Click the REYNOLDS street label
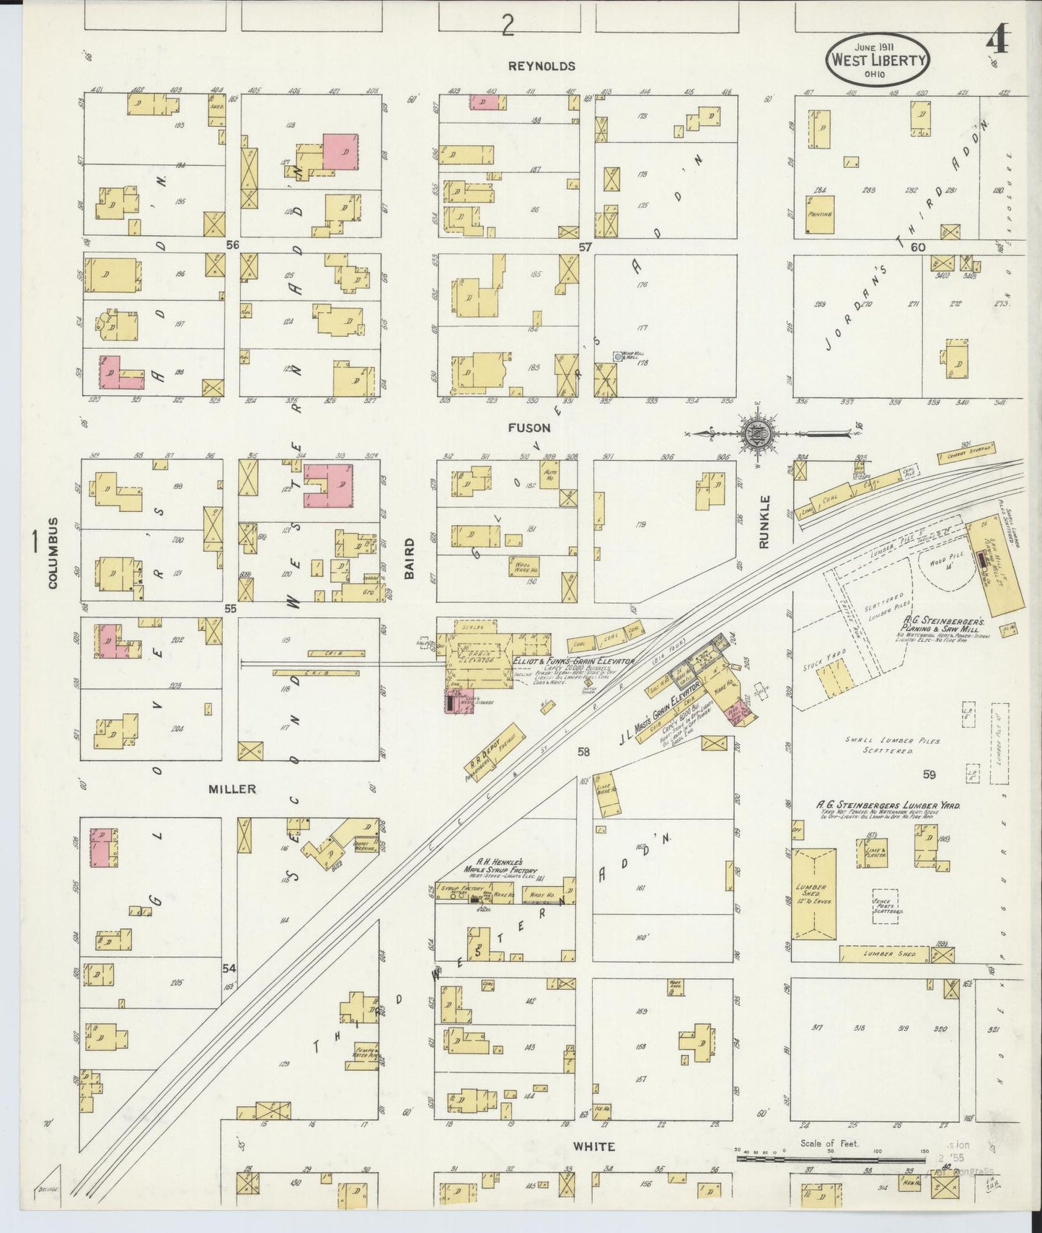[x=542, y=66]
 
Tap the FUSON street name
[x=529, y=428]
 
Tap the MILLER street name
[x=232, y=789]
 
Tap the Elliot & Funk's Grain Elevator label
[x=573, y=660]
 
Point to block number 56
[x=231, y=245]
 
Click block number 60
[x=917, y=247]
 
